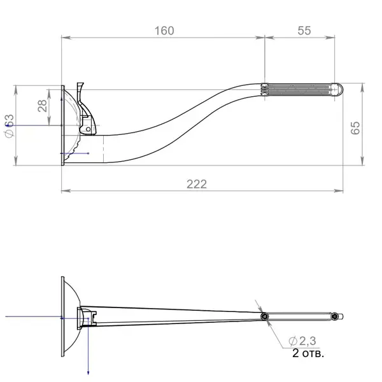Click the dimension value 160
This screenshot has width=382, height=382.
[x=164, y=31]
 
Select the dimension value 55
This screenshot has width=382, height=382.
[x=304, y=31]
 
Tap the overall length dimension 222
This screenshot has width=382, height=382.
[x=197, y=184]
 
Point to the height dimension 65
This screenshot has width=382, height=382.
[x=355, y=128]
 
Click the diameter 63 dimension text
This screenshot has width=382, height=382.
[x=10, y=125]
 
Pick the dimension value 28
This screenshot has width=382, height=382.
[x=42, y=106]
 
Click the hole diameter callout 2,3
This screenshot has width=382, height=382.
[x=302, y=341]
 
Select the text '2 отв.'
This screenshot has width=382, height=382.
[x=308, y=353]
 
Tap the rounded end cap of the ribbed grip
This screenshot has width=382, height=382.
[x=338, y=89]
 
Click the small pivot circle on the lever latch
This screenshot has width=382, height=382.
[x=88, y=129]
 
